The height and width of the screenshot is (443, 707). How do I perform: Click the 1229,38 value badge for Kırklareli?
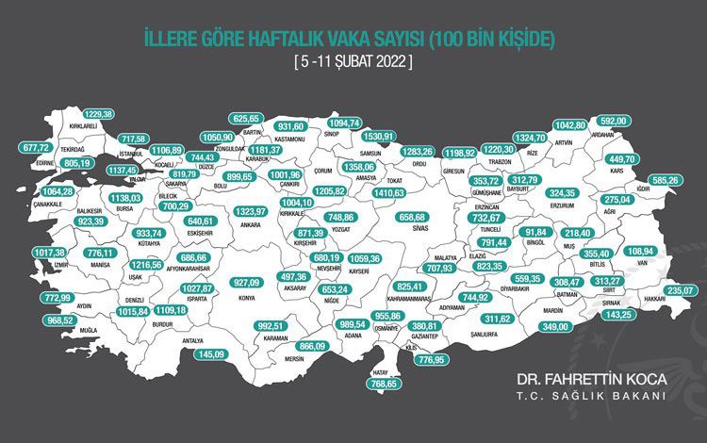(x=92, y=114)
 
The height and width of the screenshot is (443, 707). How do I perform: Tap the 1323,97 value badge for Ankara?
(x=248, y=211)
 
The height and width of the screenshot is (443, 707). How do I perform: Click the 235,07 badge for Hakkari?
(x=683, y=290)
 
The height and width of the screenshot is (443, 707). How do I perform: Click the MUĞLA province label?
(x=88, y=333)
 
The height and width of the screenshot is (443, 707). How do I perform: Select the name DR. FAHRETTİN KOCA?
(x=591, y=378)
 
